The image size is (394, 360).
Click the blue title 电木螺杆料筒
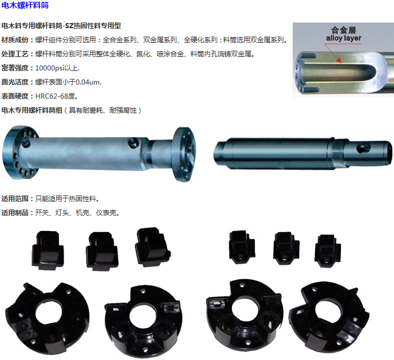click(25, 5)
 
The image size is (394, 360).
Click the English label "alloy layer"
click(343, 38)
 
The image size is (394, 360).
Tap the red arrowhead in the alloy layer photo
click(339, 60)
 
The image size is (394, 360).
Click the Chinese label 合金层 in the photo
click(343, 30)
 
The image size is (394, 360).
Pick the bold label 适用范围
click(15, 199)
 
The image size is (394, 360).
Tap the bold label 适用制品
click(15, 213)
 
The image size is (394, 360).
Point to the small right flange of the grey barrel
click(185, 154)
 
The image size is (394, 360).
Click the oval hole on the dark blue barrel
click(364, 148)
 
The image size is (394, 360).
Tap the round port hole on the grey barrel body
click(133, 143)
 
